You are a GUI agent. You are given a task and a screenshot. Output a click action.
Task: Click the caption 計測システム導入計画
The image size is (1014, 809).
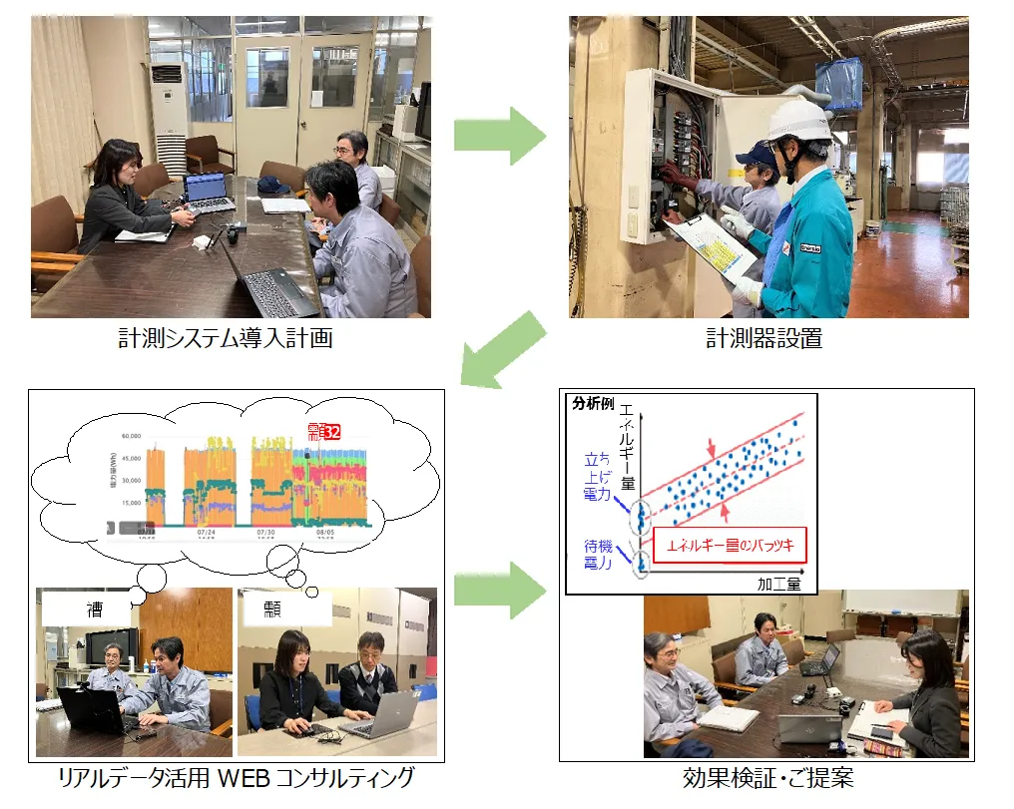coord(224,339)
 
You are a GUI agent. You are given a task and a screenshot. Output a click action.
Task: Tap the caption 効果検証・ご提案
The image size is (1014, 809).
coord(768,778)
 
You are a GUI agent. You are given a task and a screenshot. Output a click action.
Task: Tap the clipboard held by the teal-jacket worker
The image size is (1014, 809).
coord(710,245)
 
